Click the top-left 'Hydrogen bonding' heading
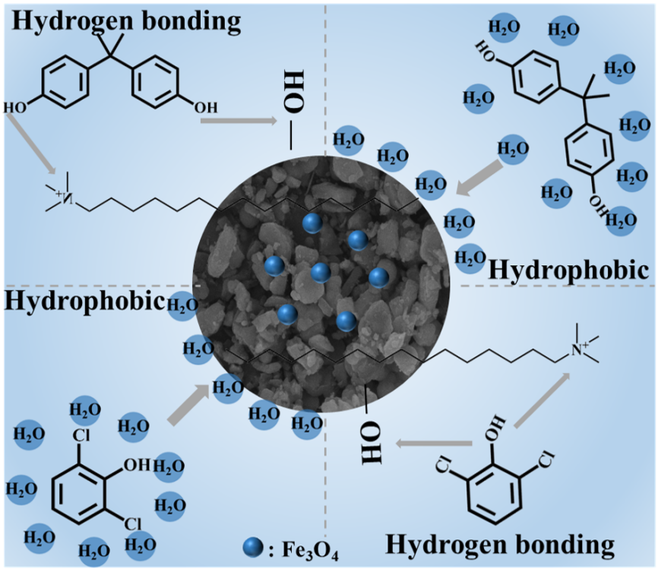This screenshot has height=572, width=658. click(x=127, y=20)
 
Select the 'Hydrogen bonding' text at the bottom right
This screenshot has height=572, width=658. click(x=500, y=545)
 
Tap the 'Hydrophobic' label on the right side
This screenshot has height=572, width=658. click(x=569, y=270)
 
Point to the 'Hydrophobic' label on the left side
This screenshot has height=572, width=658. click(x=84, y=301)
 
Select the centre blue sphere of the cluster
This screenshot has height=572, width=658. click(x=321, y=273)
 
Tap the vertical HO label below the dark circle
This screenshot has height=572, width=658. click(x=372, y=442)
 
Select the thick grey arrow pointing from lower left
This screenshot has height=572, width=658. click(x=190, y=403)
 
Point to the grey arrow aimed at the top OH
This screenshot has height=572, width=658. click(x=239, y=121)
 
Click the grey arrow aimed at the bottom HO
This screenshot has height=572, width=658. click(x=434, y=443)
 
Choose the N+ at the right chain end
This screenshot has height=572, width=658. click(x=580, y=348)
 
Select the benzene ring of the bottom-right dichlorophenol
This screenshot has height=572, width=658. click(x=495, y=494)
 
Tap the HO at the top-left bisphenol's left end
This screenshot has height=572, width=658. click(x=15, y=108)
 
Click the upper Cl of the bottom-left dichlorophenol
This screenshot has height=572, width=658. click(x=81, y=435)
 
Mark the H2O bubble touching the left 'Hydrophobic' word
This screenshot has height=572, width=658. click(x=182, y=305)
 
